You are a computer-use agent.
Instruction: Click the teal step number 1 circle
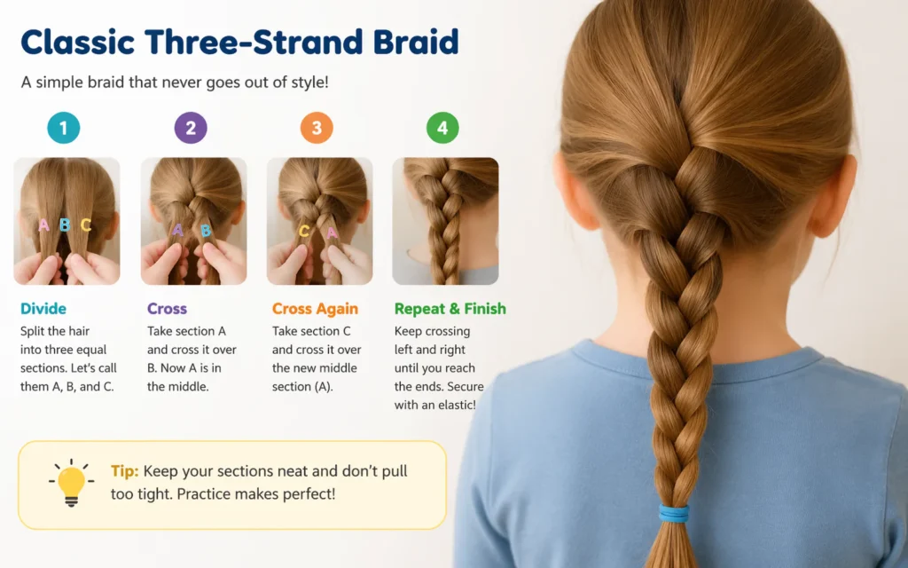64,128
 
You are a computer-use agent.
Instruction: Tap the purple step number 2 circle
191,128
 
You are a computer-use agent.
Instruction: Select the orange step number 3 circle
317,128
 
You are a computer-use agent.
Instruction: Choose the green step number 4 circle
442,128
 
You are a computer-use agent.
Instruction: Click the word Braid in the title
416,42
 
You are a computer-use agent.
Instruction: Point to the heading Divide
43,309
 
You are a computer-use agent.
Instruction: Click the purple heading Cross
167,309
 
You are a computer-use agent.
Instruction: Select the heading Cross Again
315,309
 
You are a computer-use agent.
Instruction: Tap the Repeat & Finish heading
450,309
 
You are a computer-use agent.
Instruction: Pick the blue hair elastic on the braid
674,513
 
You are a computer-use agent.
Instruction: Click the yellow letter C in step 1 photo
86,225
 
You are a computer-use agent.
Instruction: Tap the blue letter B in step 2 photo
206,232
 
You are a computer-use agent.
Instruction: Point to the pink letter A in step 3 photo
332,233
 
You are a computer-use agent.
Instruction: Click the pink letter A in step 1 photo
43,225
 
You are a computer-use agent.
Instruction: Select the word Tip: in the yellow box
124,471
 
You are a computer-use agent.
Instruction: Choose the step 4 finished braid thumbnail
445,221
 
